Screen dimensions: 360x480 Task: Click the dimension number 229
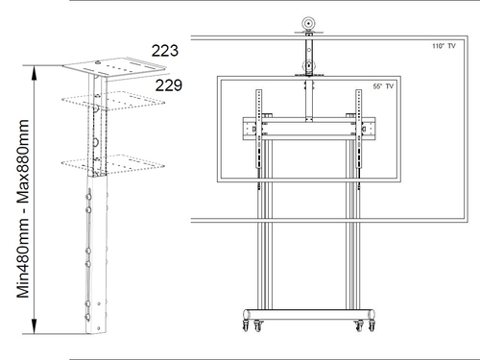pos(168,85)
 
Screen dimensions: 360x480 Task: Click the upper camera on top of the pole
pos(307,24)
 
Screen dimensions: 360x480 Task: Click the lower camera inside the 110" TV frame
pos(307,67)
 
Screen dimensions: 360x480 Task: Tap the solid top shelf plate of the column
pos(104,70)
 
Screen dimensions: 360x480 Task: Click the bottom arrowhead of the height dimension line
pos(35,328)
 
